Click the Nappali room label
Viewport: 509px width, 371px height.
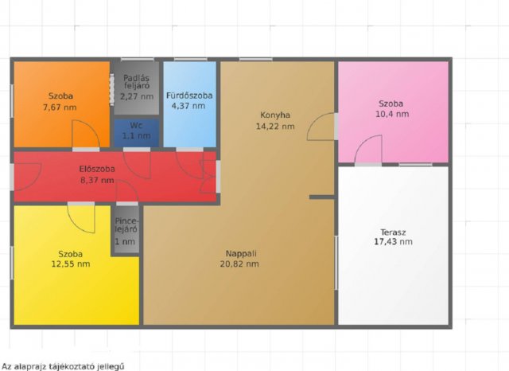[x=241, y=253]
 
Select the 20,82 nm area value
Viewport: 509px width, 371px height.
[x=239, y=264]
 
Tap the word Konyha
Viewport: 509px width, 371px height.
[x=275, y=115]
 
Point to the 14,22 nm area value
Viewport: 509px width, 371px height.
[x=275, y=127]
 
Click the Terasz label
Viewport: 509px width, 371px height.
[x=393, y=232]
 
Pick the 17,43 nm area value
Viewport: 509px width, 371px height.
[x=393, y=242]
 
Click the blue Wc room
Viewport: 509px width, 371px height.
[x=136, y=133]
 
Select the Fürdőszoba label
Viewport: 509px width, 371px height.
[x=189, y=96]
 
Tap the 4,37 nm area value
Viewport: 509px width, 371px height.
[x=188, y=106]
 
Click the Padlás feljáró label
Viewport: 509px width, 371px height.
[x=136, y=82]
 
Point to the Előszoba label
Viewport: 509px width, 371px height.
[x=97, y=169]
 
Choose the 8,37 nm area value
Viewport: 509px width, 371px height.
[x=97, y=180]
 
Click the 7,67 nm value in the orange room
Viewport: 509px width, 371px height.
[x=60, y=107]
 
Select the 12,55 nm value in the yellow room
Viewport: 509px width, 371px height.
[x=71, y=264]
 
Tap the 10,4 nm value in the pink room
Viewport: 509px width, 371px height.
[x=392, y=114]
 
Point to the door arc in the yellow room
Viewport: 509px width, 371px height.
[x=76, y=225]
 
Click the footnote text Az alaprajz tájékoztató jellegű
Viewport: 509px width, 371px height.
[x=63, y=366]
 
